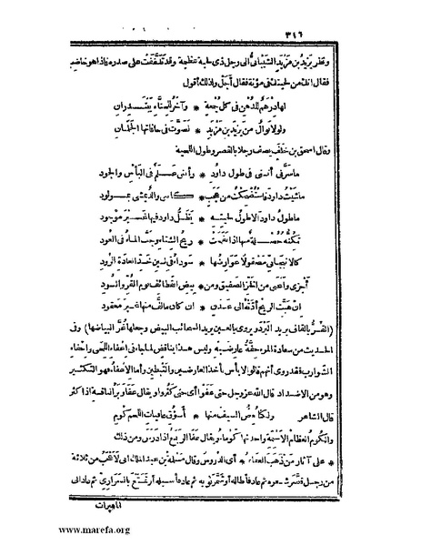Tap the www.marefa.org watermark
click(51, 530)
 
